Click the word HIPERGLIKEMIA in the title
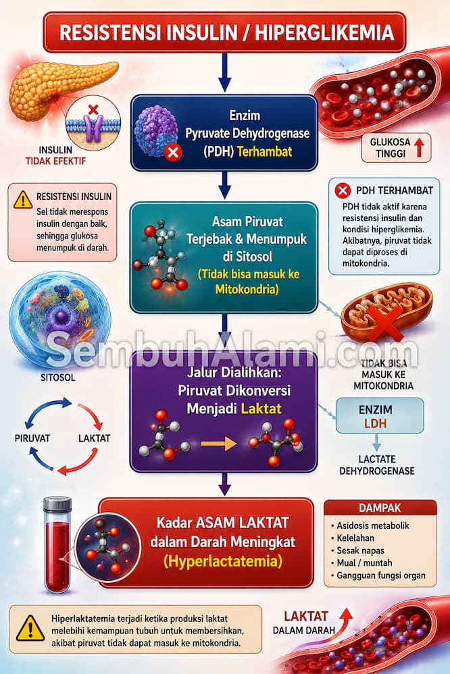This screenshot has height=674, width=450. tap(324, 33)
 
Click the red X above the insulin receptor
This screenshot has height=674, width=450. tap(93, 109)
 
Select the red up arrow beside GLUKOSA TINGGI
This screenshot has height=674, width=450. tap(419, 147)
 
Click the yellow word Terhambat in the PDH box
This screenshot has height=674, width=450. tap(264, 151)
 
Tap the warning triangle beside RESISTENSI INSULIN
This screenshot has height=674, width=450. tap(23, 199)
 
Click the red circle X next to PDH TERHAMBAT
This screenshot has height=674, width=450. tap(343, 190)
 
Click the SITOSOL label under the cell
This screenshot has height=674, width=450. tap(58, 378)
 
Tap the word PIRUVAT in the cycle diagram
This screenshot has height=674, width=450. tap(32, 438)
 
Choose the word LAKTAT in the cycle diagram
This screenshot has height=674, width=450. tap(94, 438)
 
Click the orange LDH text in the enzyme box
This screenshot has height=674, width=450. tap(376, 423)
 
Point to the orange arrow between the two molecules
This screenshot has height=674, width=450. tap(218, 443)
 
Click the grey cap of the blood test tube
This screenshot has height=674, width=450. tap(57, 504)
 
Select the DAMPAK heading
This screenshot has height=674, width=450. tap(380, 508)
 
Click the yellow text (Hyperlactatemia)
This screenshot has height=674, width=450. tap(223, 561)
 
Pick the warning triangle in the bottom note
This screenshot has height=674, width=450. tap(30, 629)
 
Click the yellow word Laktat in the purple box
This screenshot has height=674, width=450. tap(261, 408)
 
